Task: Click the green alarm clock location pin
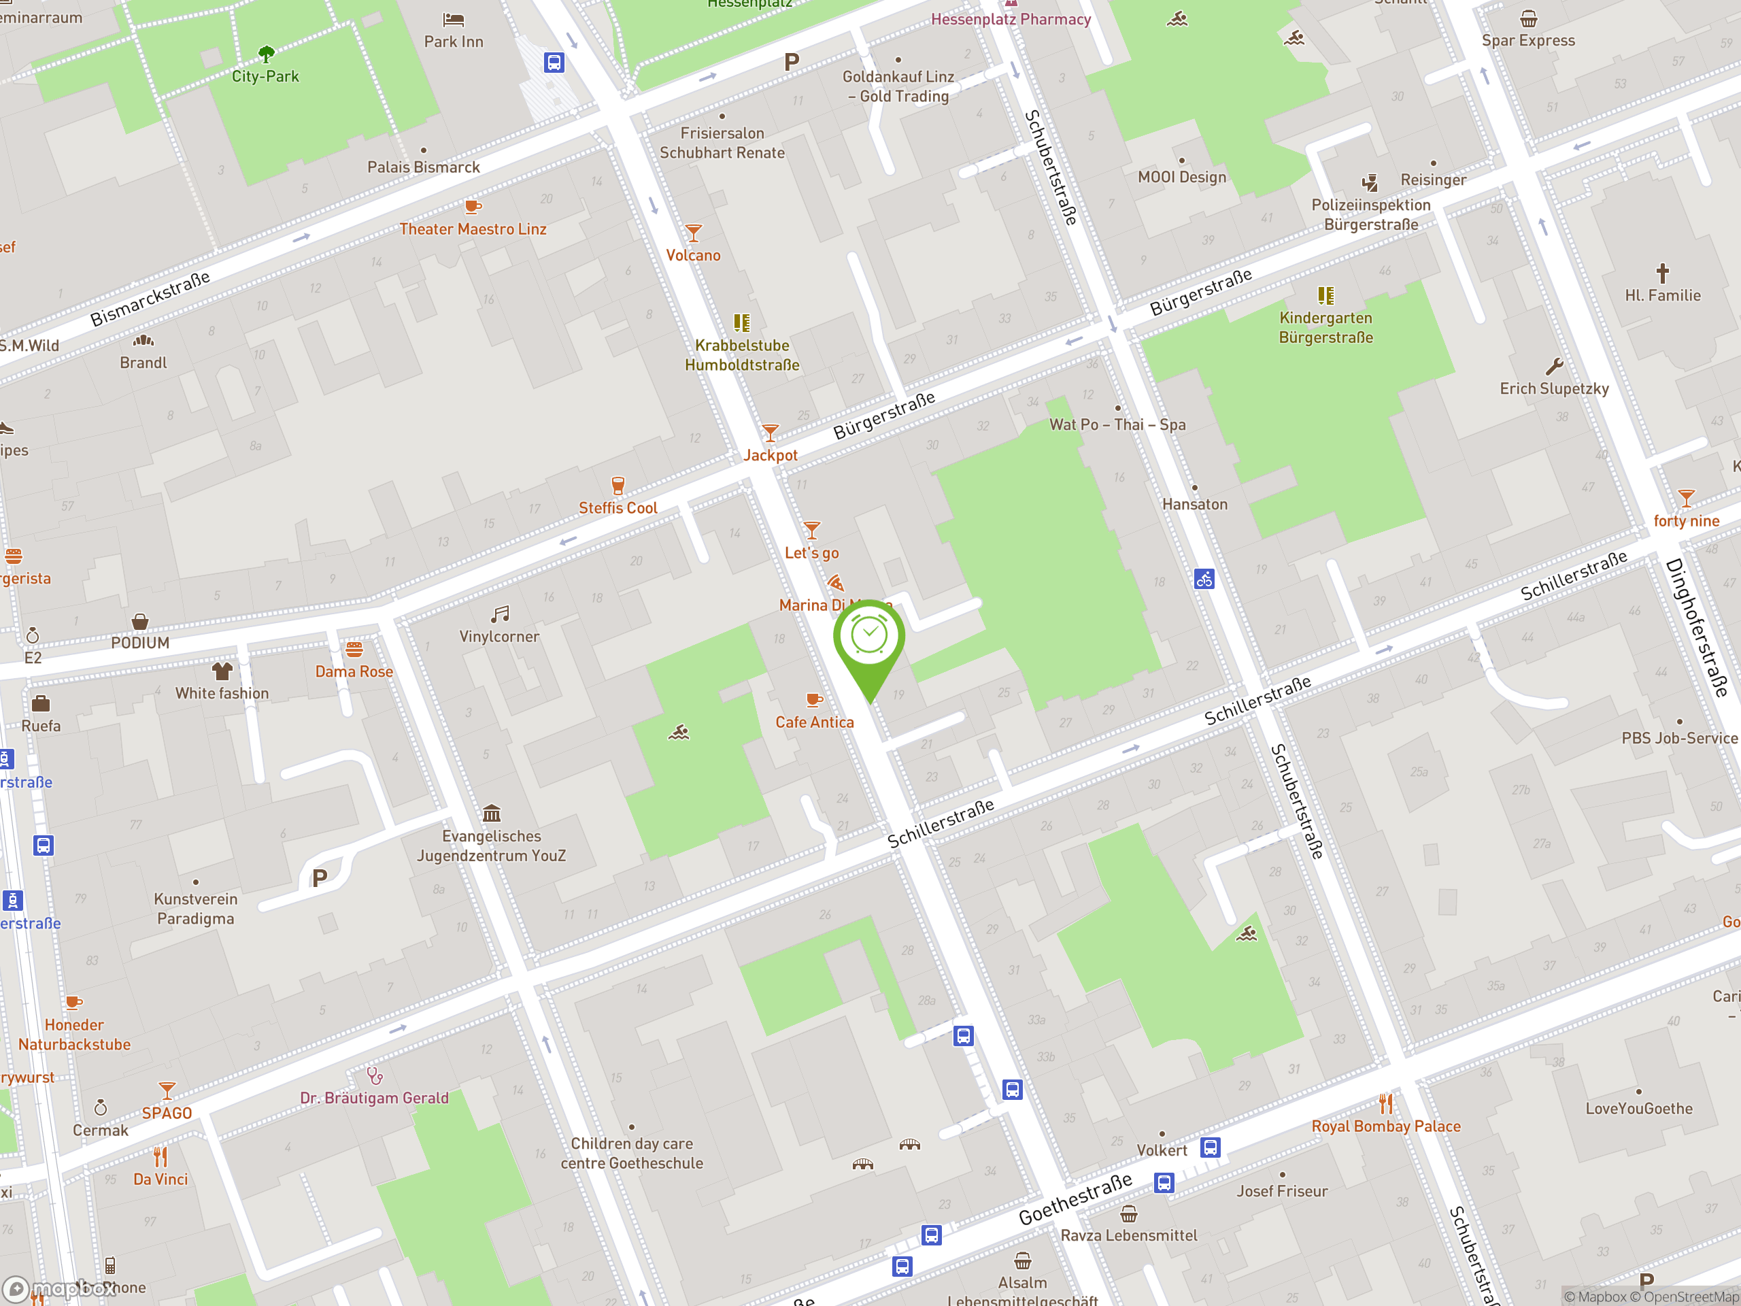click(869, 637)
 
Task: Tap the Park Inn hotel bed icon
click(454, 20)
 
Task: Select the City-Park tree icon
click(266, 54)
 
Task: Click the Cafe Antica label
click(814, 722)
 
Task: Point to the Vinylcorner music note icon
click(500, 614)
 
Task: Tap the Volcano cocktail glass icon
click(692, 233)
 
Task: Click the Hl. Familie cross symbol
click(1662, 273)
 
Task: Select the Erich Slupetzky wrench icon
click(1554, 367)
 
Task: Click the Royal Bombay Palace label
click(1385, 1126)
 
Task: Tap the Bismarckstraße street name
click(150, 299)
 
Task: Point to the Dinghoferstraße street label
click(1697, 627)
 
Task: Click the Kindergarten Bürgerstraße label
click(1325, 327)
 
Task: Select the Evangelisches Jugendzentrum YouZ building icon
click(492, 812)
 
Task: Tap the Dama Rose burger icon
click(354, 650)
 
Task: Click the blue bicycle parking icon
click(1204, 580)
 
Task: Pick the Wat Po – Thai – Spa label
click(1117, 424)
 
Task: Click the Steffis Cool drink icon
click(618, 485)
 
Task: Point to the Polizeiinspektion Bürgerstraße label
click(1370, 214)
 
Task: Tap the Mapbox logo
click(59, 1288)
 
